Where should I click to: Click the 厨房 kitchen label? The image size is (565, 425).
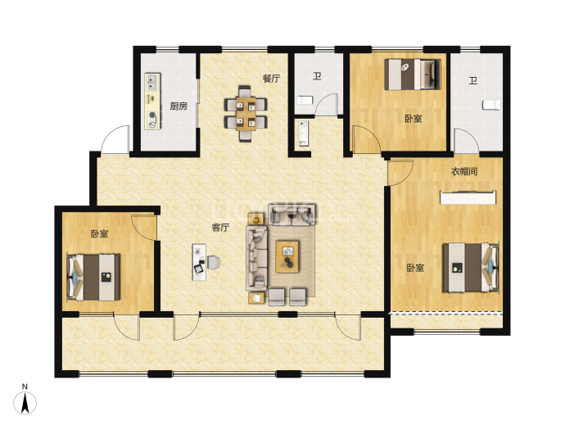[179, 106]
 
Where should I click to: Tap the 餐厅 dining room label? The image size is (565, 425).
[271, 79]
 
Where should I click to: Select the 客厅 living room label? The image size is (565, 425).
[220, 228]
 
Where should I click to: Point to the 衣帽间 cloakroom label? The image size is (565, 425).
[464, 172]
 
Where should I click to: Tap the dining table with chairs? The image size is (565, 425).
[246, 114]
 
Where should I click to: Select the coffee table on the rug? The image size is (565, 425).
[287, 256]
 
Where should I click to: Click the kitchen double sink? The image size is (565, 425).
[152, 82]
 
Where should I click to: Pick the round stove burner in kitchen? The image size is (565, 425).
[153, 115]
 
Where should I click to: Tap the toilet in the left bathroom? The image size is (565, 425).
[303, 100]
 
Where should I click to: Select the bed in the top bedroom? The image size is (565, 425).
[413, 75]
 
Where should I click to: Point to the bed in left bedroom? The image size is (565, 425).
[93, 278]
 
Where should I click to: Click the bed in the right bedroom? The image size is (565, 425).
[471, 267]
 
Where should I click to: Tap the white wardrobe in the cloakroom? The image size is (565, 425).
[468, 197]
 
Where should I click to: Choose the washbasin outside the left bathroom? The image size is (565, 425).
[304, 133]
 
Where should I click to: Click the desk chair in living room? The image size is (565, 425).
[214, 262]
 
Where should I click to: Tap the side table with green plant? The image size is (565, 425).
[256, 219]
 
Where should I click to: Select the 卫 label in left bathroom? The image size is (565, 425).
[317, 76]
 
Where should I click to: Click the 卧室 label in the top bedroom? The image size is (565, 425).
[414, 118]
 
